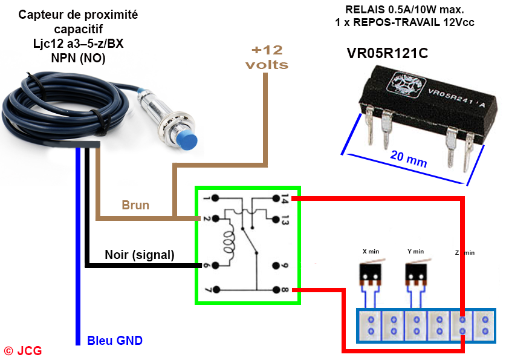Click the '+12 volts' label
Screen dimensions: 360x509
(267, 57)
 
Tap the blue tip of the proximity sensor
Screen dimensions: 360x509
(189, 140)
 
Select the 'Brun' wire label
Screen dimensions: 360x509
(135, 205)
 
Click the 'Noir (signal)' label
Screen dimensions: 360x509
(139, 255)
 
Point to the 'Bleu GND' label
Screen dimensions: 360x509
(115, 341)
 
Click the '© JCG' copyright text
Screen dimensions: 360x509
(23, 350)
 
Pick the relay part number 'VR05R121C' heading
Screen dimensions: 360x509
(387, 53)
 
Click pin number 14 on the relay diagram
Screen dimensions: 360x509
(285, 198)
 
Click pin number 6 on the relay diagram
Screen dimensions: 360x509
(207, 266)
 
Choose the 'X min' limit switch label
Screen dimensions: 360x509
(371, 251)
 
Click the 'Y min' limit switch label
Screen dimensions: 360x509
(415, 251)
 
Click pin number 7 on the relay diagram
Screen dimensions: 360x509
(207, 290)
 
